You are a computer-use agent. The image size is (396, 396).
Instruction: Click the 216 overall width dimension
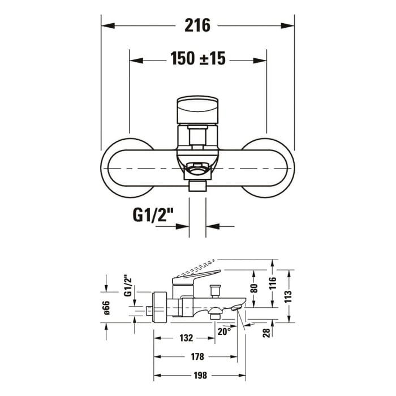tap(197, 25)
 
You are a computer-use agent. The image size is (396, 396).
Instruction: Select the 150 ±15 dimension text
tap(197, 58)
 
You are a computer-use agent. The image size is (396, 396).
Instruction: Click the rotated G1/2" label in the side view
tap(127, 286)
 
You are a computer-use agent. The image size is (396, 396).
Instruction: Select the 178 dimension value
tap(197, 357)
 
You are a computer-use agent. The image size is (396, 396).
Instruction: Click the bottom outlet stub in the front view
tap(197, 186)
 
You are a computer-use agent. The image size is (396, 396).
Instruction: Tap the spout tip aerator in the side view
tap(237, 308)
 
